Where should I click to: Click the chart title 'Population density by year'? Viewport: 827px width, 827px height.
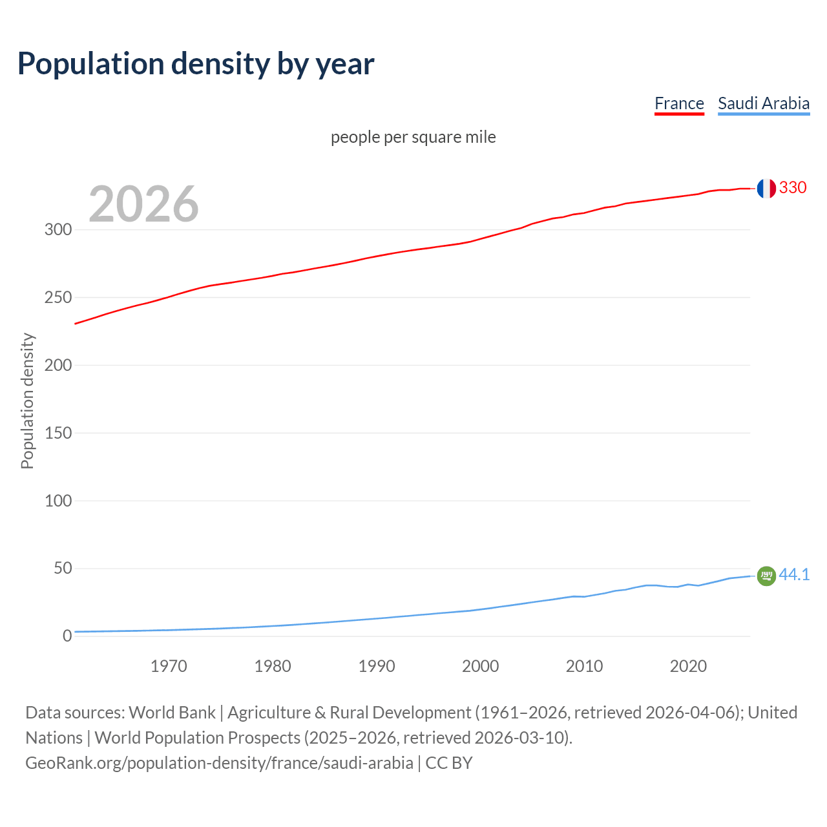(196, 63)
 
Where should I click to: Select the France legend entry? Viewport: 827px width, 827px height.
(679, 103)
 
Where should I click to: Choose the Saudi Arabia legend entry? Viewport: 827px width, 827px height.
(764, 103)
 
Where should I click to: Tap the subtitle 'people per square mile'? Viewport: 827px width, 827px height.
(413, 137)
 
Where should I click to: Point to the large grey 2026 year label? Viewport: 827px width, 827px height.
(143, 204)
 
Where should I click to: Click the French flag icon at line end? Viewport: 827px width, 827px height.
(766, 188)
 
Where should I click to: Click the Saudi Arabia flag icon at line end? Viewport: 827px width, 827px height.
(766, 575)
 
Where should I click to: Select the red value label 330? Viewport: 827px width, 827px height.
(793, 187)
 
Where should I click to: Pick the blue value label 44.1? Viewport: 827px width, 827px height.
(794, 574)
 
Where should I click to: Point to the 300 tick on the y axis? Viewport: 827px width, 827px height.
(58, 229)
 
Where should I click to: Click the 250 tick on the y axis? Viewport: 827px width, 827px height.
(58, 297)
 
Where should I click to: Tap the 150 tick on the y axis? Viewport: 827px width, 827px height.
(58, 433)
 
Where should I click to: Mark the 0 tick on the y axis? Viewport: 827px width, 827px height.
(67, 636)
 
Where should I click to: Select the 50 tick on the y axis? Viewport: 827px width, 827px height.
(63, 569)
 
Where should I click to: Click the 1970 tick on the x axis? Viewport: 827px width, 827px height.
(169, 666)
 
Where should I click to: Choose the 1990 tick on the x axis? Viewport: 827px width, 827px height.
(377, 666)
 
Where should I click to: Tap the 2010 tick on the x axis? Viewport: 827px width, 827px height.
(584, 666)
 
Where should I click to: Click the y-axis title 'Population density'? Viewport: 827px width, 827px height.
(27, 401)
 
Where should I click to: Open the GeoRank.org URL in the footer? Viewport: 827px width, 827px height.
(219, 763)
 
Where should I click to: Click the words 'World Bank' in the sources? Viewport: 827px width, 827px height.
(172, 713)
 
